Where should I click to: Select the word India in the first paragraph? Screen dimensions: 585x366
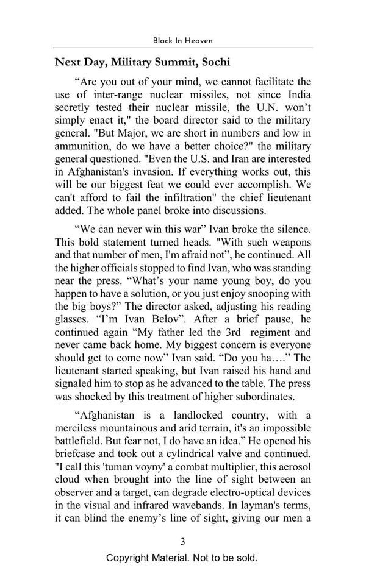click(x=297, y=94)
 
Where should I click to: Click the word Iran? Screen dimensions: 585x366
click(x=214, y=161)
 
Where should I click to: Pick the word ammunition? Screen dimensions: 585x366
click(x=81, y=147)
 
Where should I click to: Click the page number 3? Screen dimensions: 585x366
click(x=182, y=541)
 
